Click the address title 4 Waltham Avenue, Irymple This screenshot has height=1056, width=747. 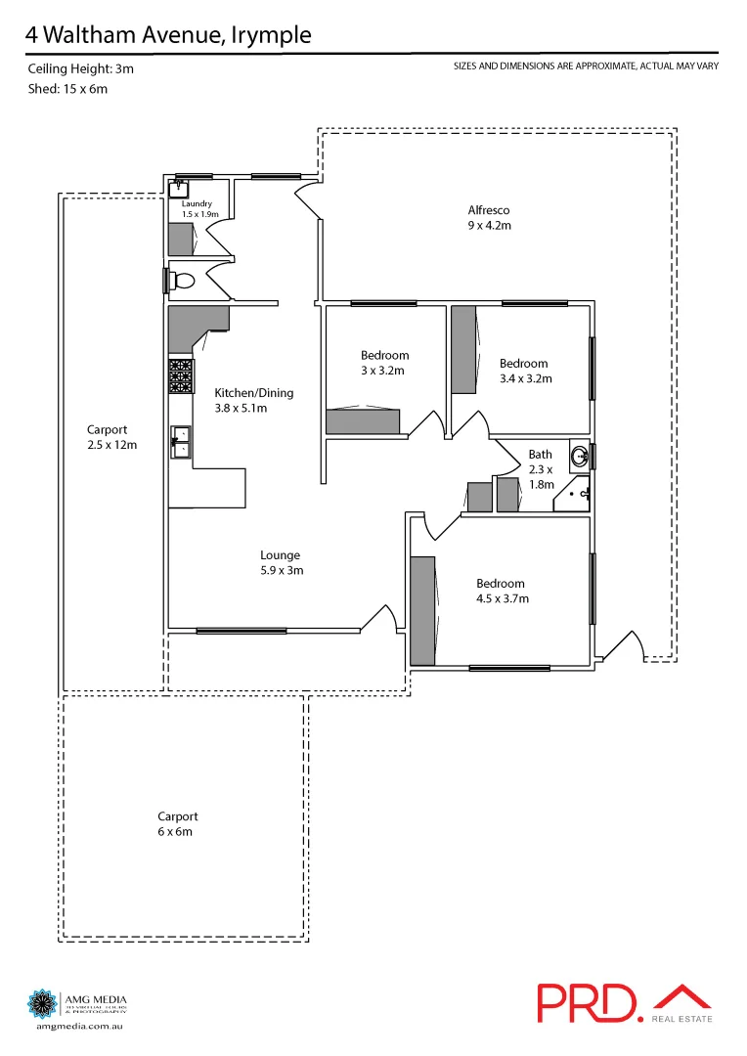pyautogui.click(x=169, y=35)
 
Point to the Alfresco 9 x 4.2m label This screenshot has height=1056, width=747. pyautogui.click(x=489, y=217)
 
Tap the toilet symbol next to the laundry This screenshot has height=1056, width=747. pyautogui.click(x=183, y=281)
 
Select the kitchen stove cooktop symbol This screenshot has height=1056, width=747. pyautogui.click(x=181, y=376)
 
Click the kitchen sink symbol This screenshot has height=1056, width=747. pyautogui.click(x=180, y=441)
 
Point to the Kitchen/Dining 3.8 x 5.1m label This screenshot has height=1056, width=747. pyautogui.click(x=253, y=400)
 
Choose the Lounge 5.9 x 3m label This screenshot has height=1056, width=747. pyautogui.click(x=280, y=562)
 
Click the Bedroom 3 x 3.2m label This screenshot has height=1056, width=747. pyautogui.click(x=384, y=363)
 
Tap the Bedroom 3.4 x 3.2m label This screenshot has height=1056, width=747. pyautogui.click(x=524, y=371)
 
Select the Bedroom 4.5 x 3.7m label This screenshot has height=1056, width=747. pyautogui.click(x=501, y=591)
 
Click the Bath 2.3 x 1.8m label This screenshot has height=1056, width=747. pyautogui.click(x=541, y=468)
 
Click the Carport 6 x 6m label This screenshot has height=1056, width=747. pyautogui.click(x=178, y=823)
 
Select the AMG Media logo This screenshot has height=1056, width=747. pyautogui.click(x=78, y=1008)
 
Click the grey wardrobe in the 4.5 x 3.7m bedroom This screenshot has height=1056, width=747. pyautogui.click(x=422, y=610)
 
